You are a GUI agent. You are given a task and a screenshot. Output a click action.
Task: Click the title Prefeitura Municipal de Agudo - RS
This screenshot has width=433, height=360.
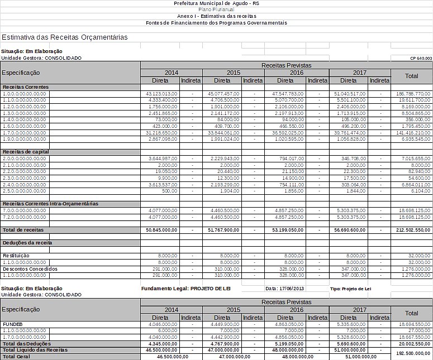[216, 3]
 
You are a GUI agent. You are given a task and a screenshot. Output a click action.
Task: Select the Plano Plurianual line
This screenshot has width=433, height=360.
[216, 10]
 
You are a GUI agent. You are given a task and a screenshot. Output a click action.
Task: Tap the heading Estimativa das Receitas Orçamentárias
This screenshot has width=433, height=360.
[65, 37]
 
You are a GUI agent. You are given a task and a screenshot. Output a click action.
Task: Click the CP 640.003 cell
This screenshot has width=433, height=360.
[420, 58]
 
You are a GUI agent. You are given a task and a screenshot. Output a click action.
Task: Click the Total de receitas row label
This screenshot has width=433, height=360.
[23, 230]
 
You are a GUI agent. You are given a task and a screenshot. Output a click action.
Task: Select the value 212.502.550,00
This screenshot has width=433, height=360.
[411, 230]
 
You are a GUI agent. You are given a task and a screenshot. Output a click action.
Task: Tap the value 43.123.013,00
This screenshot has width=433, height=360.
[161, 94]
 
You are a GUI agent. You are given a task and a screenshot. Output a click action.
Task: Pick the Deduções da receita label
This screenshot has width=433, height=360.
[27, 243]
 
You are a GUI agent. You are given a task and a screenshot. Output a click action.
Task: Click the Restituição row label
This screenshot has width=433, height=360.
[16, 256]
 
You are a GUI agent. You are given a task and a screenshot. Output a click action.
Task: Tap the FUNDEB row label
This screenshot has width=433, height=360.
[13, 324]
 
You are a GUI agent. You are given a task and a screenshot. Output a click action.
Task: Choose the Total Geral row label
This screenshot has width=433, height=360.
[16, 356]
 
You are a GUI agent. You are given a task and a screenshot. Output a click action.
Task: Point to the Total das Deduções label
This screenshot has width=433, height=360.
[28, 344]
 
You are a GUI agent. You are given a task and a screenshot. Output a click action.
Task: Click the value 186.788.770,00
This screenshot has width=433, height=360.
[413, 94]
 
